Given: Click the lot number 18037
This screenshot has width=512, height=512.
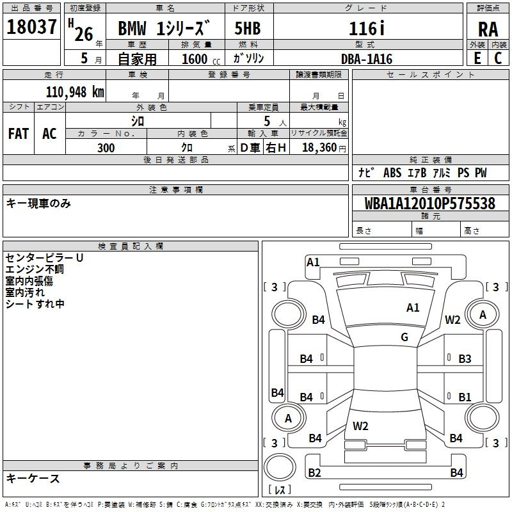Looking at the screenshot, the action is tap(31, 26).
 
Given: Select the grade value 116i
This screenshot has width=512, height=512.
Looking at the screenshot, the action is tap(367, 28).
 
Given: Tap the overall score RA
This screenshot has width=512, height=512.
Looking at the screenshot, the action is tap(488, 29).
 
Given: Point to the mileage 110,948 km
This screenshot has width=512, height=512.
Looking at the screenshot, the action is tap(75, 92).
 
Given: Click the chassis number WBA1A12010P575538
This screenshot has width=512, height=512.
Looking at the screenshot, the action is tap(429, 204).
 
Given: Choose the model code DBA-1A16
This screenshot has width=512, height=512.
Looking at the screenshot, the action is tap(367, 59).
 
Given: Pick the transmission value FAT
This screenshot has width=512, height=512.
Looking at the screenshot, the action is tap(19, 134).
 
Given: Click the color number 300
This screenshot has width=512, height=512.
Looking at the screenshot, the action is tap(106, 148).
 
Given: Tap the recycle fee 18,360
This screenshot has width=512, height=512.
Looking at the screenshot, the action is tap(319, 148).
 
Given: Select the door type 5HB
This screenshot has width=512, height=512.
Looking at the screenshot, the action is tap(248, 28).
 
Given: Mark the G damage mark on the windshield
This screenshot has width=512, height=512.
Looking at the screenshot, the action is tap(404, 337).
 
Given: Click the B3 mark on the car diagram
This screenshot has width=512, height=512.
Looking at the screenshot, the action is tap(465, 359).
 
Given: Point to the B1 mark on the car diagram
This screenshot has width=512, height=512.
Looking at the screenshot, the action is tap(465, 397).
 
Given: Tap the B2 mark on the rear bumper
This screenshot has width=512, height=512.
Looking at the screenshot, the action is tap(314, 472).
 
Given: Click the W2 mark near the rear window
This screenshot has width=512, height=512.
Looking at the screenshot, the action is tap(360, 426).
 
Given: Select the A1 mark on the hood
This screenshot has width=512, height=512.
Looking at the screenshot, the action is tap(413, 308).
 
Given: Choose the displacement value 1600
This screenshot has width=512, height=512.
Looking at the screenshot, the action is tap(195, 59).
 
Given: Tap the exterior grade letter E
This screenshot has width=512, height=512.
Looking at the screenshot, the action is tap(477, 58).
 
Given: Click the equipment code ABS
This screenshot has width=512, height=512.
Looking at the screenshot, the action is tap(392, 173).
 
